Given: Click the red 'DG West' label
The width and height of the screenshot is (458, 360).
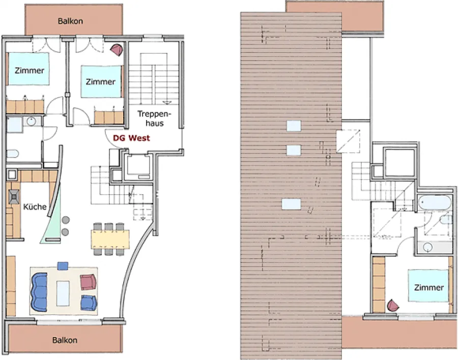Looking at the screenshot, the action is [131, 138].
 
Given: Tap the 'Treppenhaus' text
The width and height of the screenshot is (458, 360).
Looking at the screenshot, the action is [154, 118].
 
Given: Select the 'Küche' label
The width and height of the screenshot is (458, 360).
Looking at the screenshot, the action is [35, 207].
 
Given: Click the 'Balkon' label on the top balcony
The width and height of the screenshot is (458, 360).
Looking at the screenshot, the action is [70, 21].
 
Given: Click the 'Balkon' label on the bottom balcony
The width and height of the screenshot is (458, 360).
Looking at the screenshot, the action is [65, 340].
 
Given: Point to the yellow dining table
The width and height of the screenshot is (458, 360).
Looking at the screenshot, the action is [110, 239].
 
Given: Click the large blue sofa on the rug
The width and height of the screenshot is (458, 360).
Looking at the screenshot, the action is [39, 292].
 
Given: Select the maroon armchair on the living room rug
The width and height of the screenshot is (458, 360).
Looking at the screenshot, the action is [88, 282].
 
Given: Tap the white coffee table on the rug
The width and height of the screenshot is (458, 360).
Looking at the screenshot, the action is [63, 293].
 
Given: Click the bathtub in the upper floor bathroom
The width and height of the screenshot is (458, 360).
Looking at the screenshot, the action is [435, 202].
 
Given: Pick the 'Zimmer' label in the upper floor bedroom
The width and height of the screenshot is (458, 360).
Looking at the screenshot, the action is [429, 287].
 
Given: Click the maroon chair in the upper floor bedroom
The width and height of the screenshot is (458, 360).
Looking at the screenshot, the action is [393, 306].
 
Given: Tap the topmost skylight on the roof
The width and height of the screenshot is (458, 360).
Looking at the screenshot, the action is [294, 126].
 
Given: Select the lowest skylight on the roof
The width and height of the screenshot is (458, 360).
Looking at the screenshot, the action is [291, 204].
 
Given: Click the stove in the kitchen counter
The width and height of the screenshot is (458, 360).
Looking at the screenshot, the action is [13, 197].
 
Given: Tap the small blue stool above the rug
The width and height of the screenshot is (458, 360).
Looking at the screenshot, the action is [63, 266].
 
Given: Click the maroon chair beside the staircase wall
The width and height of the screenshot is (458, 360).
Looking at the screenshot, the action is [117, 50].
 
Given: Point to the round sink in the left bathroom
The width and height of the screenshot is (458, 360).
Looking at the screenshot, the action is [31, 121].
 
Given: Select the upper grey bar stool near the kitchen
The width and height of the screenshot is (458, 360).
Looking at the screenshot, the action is [66, 220].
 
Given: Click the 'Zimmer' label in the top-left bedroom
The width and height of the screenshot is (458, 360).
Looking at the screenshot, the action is [29, 70].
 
